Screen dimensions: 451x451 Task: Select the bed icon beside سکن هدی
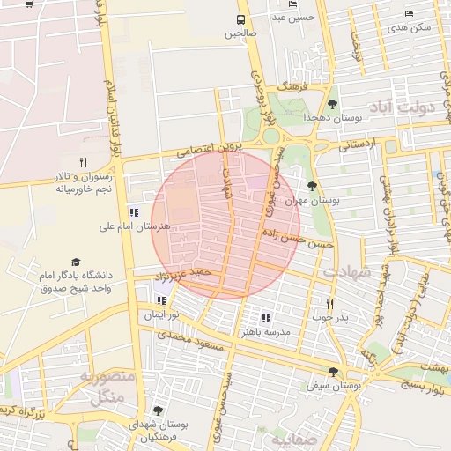[408, 13]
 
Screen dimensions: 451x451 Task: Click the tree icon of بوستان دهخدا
[332, 104]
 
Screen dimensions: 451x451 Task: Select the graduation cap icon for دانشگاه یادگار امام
[75, 262]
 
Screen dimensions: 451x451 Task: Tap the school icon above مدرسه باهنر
[266, 318]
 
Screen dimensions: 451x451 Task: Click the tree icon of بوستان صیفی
[333, 372]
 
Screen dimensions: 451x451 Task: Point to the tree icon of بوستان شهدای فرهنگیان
[158, 410]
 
